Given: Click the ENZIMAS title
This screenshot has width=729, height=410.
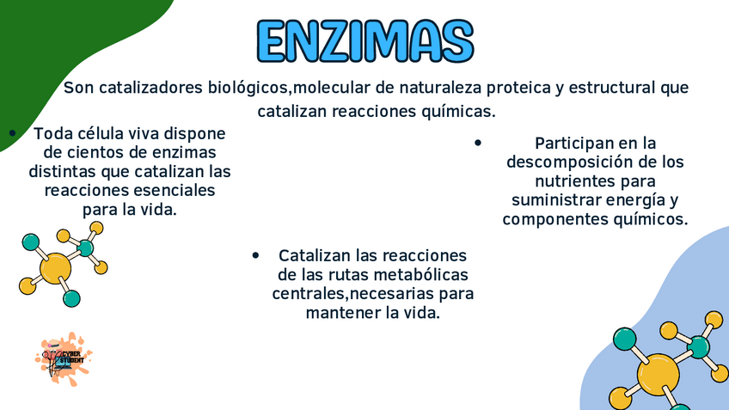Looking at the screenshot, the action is [365, 41].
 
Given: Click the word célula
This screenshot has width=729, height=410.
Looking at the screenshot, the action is [101, 133].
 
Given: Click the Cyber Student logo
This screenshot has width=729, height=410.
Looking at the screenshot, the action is [64, 359].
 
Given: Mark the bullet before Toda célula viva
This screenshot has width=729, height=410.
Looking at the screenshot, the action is [13, 133].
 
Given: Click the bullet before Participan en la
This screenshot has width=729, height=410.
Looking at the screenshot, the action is [478, 143].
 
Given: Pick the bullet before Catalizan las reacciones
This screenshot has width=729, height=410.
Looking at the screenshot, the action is [255, 255].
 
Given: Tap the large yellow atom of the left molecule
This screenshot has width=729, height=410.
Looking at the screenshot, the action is [55, 268].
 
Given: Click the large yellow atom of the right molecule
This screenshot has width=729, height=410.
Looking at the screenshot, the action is [659, 375].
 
